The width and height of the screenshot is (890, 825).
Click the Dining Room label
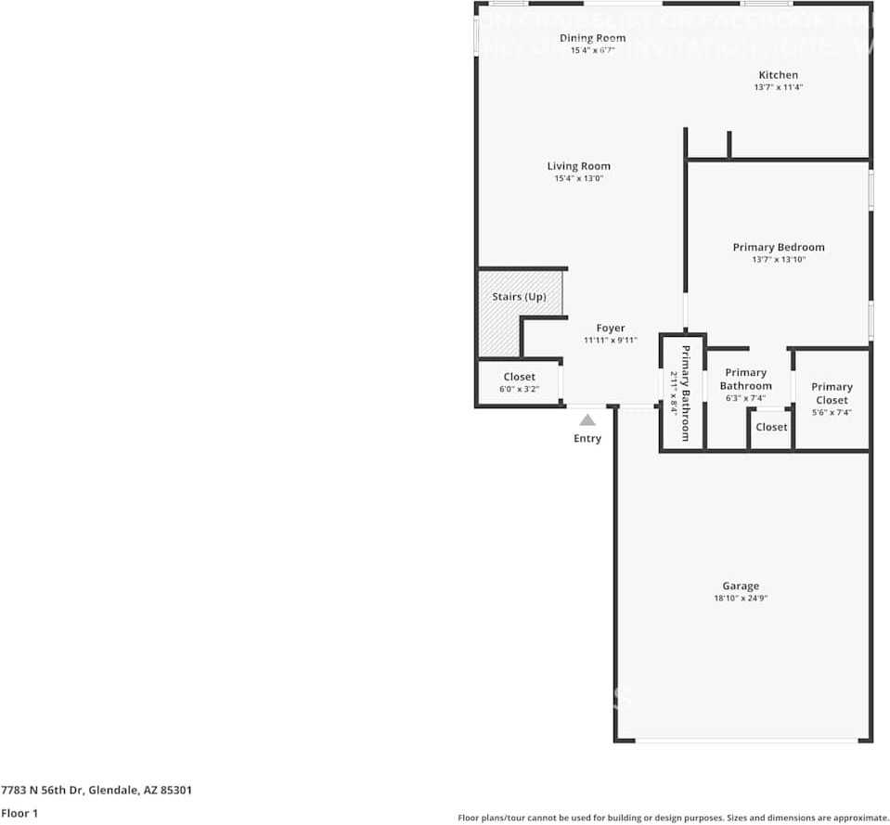tap(592, 38)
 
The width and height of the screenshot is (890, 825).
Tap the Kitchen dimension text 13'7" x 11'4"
tap(778, 87)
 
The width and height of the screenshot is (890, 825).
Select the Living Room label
tap(578, 166)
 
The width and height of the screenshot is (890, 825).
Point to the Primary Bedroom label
tap(779, 247)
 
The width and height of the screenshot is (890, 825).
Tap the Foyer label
tap(610, 328)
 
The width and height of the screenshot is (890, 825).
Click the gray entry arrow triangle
tap(587, 420)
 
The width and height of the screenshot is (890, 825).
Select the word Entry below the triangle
tap(587, 438)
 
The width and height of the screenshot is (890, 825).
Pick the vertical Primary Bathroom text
tap(686, 393)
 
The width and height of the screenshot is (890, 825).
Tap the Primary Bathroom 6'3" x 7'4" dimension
tap(745, 398)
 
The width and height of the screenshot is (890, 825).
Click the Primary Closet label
tap(832, 393)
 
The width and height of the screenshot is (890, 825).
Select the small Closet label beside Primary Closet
tap(771, 427)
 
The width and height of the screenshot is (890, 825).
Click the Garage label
tap(741, 586)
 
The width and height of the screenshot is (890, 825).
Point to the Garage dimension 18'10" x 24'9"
tap(741, 599)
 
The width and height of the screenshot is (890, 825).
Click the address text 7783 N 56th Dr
tap(97, 791)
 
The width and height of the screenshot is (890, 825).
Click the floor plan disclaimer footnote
tap(673, 818)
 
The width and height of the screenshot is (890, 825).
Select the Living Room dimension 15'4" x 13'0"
tap(578, 178)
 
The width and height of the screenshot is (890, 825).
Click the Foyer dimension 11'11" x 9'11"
tap(610, 341)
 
